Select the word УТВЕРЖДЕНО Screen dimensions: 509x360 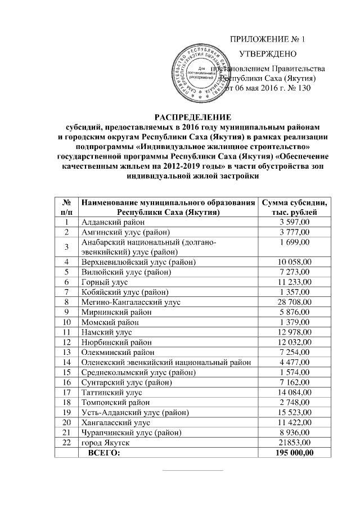(268, 55)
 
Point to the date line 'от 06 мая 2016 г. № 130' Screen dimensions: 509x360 (267, 88)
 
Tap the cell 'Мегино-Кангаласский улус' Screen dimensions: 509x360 (127, 302)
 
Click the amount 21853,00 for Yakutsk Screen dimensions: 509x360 (294, 443)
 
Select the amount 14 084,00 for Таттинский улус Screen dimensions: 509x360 (294, 393)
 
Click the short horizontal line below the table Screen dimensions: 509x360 (192, 470)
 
